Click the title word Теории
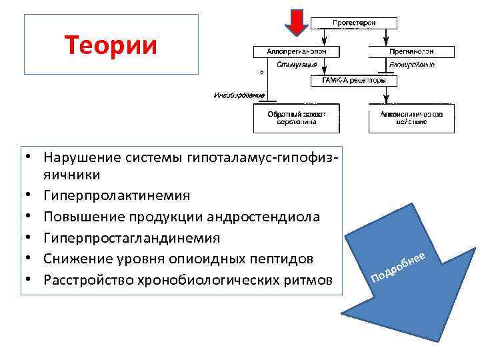tap(111, 45)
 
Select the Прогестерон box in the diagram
tap(354, 23)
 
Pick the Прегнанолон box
tap(411, 51)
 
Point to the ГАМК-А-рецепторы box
tap(353, 81)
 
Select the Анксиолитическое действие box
tap(411, 118)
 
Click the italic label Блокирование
tap(411, 65)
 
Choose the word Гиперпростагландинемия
tap(131, 238)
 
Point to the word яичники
tap(72, 175)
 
